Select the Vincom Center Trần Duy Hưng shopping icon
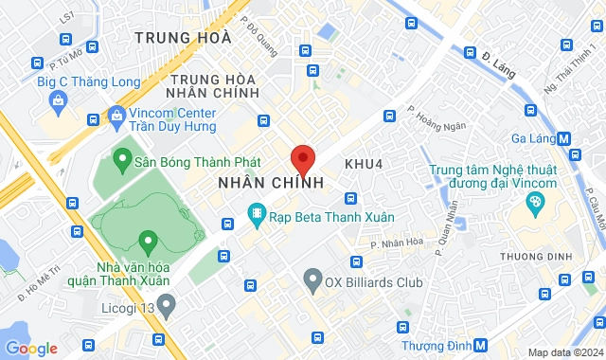pyautogui.click(x=117, y=117)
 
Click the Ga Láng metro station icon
pyautogui.click(x=564, y=137)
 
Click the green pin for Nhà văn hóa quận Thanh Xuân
pyautogui.click(x=147, y=241)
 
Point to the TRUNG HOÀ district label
pyautogui.click(x=183, y=38)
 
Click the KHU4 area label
pyautogui.click(x=363, y=164)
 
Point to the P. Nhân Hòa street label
pyautogui.click(x=397, y=242)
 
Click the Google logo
pyautogui.click(x=31, y=348)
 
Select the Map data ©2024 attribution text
pyautogui.click(x=564, y=352)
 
